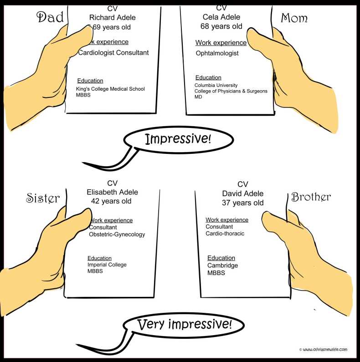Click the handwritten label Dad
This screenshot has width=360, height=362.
(50, 17)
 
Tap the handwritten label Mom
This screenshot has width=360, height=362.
(294, 18)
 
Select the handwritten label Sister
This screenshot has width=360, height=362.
(43, 198)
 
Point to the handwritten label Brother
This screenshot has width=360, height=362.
(311, 197)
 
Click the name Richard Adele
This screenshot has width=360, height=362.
(112, 18)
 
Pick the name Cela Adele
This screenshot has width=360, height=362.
(221, 17)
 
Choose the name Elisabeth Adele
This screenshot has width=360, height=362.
(112, 192)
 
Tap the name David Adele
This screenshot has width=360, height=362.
(242, 194)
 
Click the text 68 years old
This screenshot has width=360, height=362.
(221, 26)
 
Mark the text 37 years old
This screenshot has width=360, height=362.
(242, 203)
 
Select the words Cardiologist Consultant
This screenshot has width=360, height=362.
(113, 53)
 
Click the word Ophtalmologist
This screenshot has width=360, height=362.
(217, 53)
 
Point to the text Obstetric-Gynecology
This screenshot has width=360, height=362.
(117, 235)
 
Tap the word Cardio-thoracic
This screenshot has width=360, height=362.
(225, 234)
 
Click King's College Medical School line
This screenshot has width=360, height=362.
(110, 89)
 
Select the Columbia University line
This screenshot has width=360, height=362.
(216, 85)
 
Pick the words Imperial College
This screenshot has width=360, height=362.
(107, 265)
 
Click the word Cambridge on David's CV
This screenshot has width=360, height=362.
(222, 265)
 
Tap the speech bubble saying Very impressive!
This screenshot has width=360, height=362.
(184, 325)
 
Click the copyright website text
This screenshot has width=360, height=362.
(323, 350)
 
